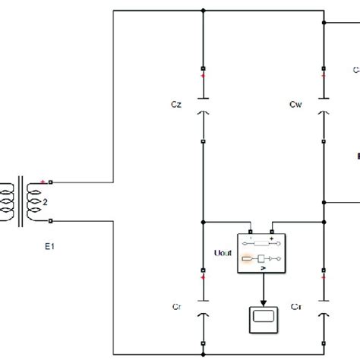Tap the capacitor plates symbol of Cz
tap(204, 104)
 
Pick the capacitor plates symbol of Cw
tap(324, 104)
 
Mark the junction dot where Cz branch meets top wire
tap(204, 13)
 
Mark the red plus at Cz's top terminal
tap(202, 77)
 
